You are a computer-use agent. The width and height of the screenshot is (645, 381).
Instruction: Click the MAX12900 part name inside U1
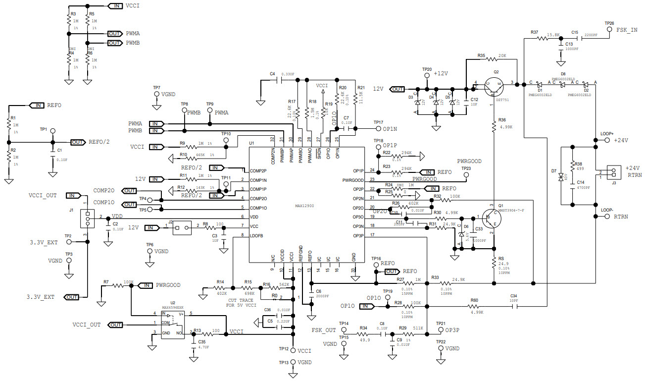[x=304, y=205]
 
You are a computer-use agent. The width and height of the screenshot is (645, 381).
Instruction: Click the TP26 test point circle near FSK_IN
[x=609, y=30]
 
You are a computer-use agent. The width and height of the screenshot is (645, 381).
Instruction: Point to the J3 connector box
[x=613, y=172]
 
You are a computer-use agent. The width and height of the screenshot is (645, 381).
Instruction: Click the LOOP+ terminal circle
[x=607, y=140]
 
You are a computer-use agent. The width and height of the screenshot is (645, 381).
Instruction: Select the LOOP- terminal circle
[x=607, y=217]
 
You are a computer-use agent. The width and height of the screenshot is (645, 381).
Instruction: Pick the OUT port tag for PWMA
[x=115, y=34]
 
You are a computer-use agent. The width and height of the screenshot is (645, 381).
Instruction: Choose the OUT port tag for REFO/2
[x=77, y=142]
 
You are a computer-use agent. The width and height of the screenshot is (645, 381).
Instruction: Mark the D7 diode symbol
[x=561, y=176]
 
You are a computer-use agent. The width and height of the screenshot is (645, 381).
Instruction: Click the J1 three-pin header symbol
[x=87, y=217]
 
